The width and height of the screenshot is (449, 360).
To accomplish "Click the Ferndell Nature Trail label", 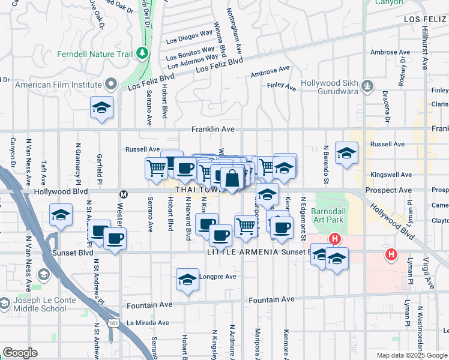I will pos(94,54).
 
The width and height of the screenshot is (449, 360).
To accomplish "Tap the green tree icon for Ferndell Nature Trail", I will pos(142,53).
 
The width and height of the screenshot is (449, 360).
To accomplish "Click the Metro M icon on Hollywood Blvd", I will pos(124,194).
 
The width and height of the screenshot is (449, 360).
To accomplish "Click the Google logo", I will pos(20,353).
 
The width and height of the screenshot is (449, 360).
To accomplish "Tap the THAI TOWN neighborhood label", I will pos(196,190).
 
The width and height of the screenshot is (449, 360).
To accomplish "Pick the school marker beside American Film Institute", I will pos(101,108).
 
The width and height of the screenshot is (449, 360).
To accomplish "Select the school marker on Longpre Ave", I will pos(187,280).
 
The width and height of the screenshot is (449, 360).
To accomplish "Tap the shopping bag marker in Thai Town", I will pos(232,178).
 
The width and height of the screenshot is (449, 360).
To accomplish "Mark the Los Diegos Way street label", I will pos(189,41).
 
